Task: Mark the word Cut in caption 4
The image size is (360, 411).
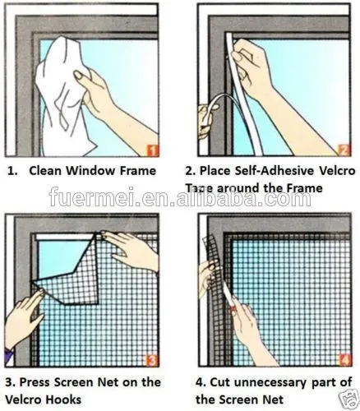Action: tap(213, 381)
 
